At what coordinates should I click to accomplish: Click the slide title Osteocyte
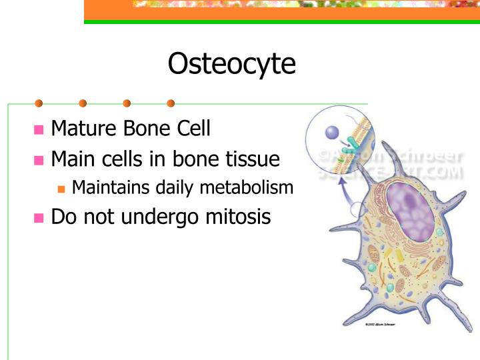pyautogui.click(x=231, y=65)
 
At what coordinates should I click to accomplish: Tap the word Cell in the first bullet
pyautogui.click(x=193, y=128)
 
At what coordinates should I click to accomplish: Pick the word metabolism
pyautogui.click(x=249, y=188)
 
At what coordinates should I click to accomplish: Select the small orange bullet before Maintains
pyautogui.click(x=62, y=189)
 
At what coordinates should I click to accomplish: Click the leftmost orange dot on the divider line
pyautogui.click(x=39, y=103)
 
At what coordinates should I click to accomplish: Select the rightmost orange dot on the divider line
pyautogui.click(x=171, y=103)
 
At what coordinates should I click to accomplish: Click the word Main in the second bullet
pyautogui.click(x=72, y=160)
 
